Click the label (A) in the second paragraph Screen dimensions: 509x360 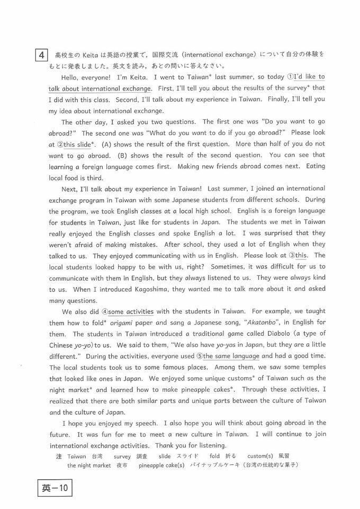pyautogui.click(x=105, y=145)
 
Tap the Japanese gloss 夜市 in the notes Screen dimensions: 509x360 pyautogui.click(x=122, y=466)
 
